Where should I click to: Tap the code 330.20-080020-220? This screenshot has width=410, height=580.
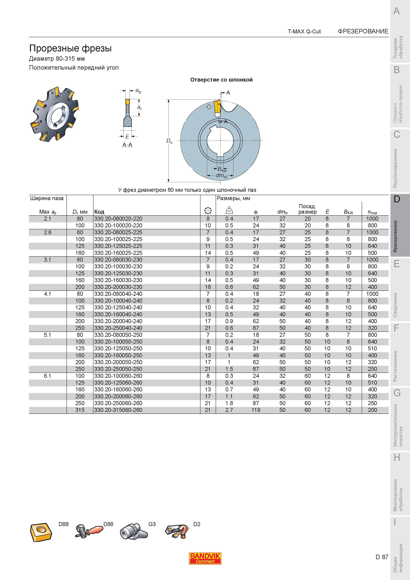[118, 219]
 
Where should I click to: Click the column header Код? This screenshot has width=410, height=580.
[99, 212]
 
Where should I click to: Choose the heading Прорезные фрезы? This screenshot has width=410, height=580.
[70, 48]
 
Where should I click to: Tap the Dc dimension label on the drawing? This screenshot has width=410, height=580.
[169, 141]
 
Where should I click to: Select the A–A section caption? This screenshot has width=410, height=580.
[127, 145]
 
